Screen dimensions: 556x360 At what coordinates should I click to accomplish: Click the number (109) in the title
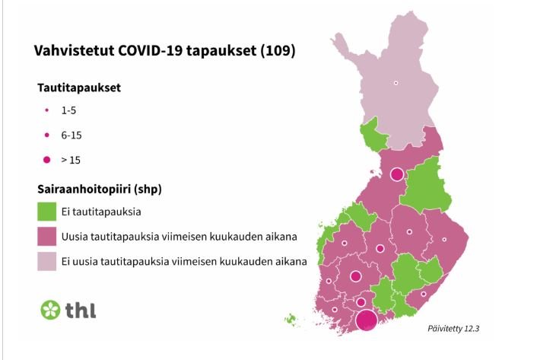pos(278,50)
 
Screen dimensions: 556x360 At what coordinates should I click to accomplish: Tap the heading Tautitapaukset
pos(79,88)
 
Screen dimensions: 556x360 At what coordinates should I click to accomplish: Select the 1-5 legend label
pos(68,110)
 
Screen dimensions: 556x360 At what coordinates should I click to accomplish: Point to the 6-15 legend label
pos(71,135)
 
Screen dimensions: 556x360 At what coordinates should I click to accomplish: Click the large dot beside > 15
pos(47,160)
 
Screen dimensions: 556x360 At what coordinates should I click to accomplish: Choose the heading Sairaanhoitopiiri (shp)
pos(100,189)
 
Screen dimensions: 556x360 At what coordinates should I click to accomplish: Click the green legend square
pos(47,212)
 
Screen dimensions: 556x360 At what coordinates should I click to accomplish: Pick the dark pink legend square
pos(47,237)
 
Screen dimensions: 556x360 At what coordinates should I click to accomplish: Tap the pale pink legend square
pos(47,261)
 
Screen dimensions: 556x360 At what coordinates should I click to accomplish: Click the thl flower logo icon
pos(50,310)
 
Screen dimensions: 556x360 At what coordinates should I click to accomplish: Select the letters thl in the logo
pos(81,311)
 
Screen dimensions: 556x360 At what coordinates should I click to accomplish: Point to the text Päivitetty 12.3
pos(453,329)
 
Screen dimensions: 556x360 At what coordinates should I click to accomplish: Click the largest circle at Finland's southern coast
pos(367,320)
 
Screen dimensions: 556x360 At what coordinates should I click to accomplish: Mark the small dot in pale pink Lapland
pos(396,83)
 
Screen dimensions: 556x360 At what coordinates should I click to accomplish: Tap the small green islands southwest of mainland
pos(291,319)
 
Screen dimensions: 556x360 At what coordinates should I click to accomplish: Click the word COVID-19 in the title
pos(150,50)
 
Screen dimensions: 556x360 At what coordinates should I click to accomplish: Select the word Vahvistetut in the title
pos(74,50)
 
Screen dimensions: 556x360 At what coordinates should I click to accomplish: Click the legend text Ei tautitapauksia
pos(101,212)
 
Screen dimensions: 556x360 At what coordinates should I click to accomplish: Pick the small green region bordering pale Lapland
pos(373,135)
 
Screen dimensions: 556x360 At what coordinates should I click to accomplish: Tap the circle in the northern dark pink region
pos(397,174)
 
